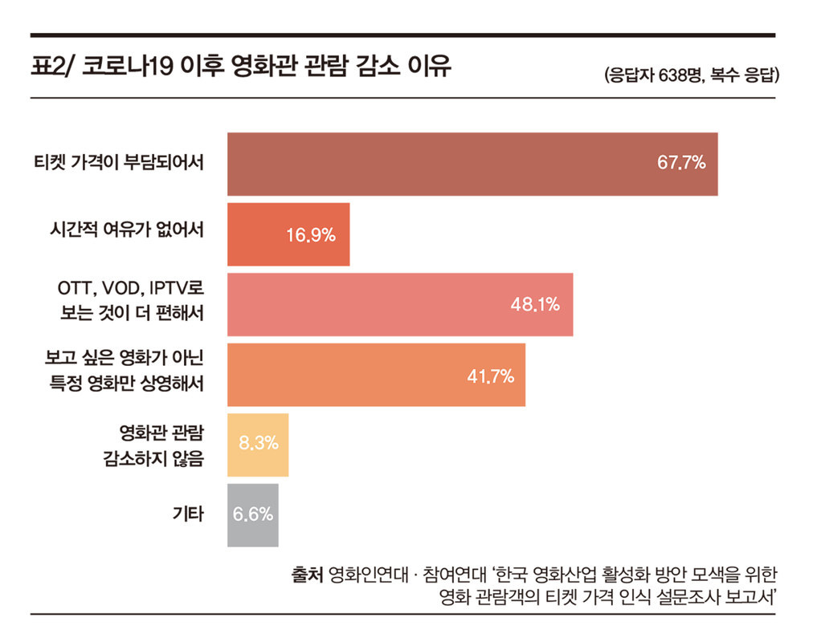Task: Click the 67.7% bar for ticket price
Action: point(450,164)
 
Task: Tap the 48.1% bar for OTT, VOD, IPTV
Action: point(378,305)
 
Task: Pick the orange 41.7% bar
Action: point(353,375)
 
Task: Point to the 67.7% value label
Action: point(681,164)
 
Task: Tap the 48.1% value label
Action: point(535,305)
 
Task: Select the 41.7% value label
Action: point(490,376)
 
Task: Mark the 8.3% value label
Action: point(259,442)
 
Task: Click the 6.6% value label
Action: point(253,514)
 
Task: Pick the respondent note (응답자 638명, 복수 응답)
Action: point(690,76)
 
